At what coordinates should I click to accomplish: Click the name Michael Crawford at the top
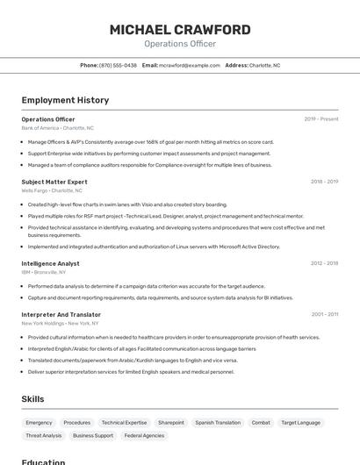[180, 30]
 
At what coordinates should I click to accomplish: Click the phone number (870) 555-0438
[118, 65]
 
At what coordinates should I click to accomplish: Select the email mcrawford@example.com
[190, 65]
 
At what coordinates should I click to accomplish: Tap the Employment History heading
[65, 101]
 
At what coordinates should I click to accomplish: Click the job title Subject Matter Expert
[54, 182]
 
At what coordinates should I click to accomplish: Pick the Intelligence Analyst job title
[50, 263]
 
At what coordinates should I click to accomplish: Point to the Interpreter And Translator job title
[61, 314]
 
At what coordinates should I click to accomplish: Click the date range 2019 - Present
[321, 119]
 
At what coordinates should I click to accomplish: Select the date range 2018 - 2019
[324, 182]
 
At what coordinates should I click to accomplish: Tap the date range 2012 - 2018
[324, 263]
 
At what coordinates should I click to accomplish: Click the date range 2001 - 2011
[324, 314]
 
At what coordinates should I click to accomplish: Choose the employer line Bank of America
[57, 128]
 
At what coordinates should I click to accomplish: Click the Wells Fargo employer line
[52, 190]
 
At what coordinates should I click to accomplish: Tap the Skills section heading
[32, 399]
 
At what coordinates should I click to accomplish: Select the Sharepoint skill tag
[170, 423]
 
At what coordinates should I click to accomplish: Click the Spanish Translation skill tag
[218, 423]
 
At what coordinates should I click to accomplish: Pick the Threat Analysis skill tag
[44, 435]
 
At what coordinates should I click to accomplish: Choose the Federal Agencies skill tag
[144, 435]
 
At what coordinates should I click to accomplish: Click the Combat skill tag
[261, 423]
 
